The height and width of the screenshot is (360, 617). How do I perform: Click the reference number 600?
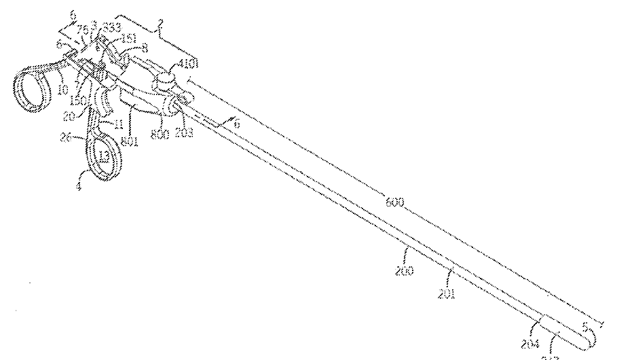pos(395,202)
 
